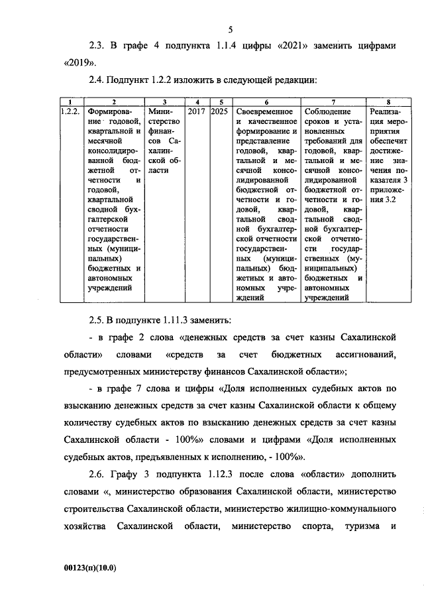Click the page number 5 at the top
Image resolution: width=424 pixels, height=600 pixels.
point(231,29)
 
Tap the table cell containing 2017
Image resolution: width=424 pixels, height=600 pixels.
point(196,111)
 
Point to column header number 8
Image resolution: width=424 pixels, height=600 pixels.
point(388,101)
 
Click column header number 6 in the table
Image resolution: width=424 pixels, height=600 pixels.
point(266,101)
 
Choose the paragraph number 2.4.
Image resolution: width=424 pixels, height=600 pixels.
point(97,80)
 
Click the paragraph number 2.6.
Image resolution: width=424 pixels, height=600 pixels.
point(97,475)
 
